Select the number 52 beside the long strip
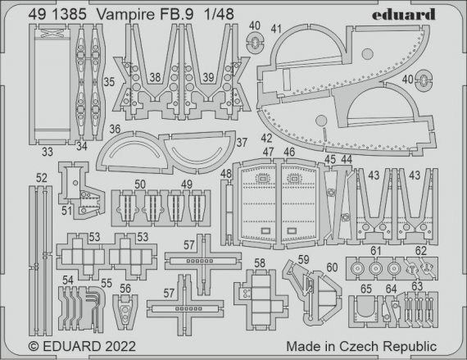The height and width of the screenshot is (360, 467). coord(42,176)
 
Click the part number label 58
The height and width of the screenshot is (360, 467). coord(260,263)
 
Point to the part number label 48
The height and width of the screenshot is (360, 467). coord(225,174)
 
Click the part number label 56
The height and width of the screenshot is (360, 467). coord(125,288)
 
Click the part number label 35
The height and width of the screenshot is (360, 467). coord(109,82)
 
